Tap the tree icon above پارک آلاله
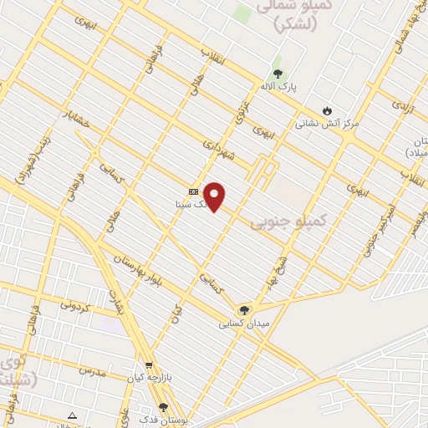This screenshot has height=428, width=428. pos(278,74)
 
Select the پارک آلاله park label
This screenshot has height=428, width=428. pos(278,86)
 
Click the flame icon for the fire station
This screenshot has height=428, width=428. pos(327,110)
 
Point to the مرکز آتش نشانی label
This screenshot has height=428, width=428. pos(327,123)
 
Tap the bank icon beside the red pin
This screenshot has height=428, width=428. pos(193,191)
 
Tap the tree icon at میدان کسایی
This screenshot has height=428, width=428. pos(244,310)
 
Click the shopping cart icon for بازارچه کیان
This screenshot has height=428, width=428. pos(149,365)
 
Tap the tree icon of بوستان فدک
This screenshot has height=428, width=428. pos(163,407)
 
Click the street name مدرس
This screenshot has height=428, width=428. pos(93,369)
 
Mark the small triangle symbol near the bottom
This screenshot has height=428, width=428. pos(72,415)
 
